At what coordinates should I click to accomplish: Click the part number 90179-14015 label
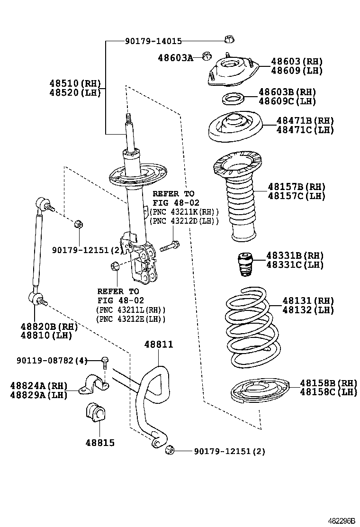153,42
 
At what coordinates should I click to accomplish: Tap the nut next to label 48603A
206,56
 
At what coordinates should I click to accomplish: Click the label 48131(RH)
308,301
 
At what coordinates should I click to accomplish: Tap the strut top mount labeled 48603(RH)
231,73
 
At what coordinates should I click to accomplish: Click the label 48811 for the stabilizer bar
158,345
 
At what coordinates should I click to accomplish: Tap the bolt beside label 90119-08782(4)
105,362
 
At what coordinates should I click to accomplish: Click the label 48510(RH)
75,83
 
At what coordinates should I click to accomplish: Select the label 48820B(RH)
49,327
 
